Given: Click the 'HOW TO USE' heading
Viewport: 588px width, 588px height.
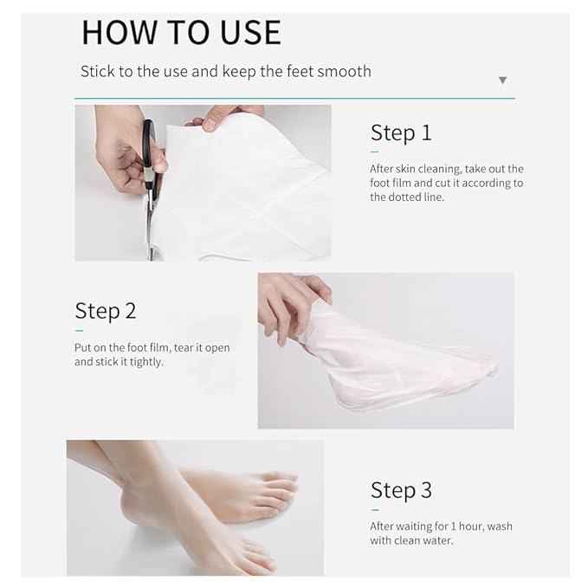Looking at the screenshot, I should click(181, 33).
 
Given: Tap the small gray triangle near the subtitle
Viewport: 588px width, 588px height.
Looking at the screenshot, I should click(502, 81).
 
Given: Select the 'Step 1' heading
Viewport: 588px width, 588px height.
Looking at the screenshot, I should click(400, 133).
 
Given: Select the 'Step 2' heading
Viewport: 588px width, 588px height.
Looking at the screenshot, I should click(105, 312).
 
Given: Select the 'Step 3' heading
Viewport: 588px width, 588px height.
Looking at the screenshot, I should click(400, 491).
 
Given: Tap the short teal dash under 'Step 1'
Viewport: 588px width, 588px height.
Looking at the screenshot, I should click(375, 152).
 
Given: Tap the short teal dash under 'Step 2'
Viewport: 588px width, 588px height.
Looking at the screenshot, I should click(79, 331).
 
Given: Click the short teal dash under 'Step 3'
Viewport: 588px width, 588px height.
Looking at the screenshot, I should click(375, 509).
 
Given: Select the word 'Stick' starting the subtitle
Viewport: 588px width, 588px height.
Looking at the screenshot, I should click(96, 72).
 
